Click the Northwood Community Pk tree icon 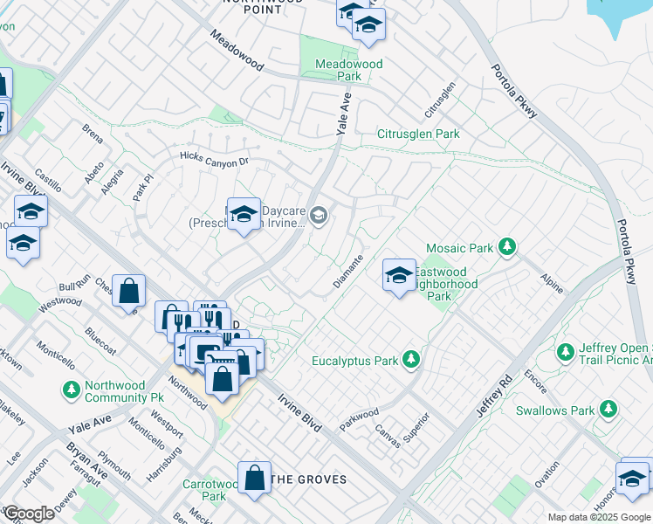click(x=70, y=389)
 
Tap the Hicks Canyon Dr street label click(x=214, y=160)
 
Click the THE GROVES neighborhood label click(x=308, y=479)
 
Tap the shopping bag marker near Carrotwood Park click(x=254, y=478)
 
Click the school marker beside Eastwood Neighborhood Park click(x=399, y=276)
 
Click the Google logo click(x=28, y=513)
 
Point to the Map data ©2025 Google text click(x=598, y=517)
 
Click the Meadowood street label click(x=236, y=51)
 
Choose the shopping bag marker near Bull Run click(x=128, y=291)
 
